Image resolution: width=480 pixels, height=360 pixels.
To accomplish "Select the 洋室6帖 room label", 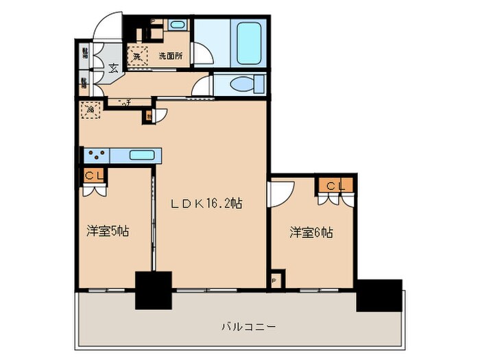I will click(311, 233).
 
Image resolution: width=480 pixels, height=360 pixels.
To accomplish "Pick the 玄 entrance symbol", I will click(112, 67).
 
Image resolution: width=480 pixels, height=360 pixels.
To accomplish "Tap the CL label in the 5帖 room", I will click(95, 175).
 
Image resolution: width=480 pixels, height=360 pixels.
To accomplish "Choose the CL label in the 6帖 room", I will click(335, 185).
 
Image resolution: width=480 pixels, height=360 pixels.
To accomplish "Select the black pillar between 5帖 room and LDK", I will click(152, 290).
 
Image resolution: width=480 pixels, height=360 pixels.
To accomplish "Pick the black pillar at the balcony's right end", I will click(379, 295).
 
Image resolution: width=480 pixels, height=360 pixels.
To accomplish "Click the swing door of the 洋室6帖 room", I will click(281, 192).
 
